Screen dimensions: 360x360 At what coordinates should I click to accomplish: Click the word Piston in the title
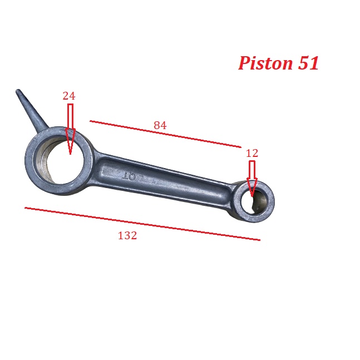[x=265, y=63]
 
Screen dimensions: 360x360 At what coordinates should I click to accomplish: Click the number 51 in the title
[x=308, y=63]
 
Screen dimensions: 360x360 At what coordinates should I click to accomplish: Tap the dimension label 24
[x=69, y=96]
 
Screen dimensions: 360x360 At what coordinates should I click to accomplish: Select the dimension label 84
[x=160, y=125]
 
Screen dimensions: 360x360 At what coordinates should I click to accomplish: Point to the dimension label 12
[x=252, y=153]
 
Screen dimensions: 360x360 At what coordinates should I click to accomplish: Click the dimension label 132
[x=127, y=235]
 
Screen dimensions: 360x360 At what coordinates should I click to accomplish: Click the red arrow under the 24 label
[x=70, y=129]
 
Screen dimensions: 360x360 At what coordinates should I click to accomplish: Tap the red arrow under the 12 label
[x=252, y=179]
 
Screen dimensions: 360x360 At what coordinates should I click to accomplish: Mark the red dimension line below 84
[x=166, y=134]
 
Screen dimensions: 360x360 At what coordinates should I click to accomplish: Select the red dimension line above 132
[x=142, y=224]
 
